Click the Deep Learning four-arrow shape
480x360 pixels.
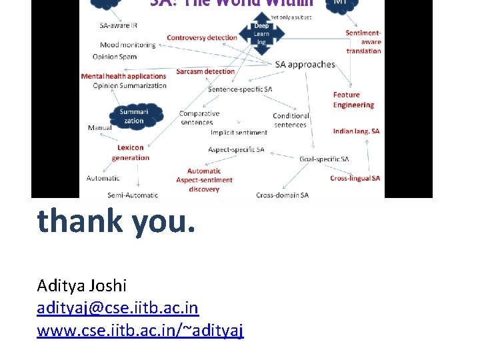(x=261, y=34)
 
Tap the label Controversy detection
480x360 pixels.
(x=202, y=38)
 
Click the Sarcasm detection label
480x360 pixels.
(x=205, y=71)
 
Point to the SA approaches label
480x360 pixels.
(x=305, y=64)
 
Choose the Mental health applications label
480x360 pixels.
(x=123, y=76)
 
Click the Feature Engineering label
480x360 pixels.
(x=353, y=100)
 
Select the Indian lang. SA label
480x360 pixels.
(x=356, y=131)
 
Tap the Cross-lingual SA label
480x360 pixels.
(x=355, y=178)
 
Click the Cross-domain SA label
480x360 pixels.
(x=282, y=195)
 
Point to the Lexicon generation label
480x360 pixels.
(x=131, y=153)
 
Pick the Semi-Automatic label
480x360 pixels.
(x=133, y=195)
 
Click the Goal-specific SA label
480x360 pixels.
(x=324, y=159)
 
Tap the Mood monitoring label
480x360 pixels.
(x=127, y=45)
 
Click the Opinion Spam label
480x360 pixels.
(x=115, y=57)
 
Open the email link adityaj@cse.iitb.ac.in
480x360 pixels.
(x=118, y=308)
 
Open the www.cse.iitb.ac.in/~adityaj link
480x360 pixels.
(x=140, y=330)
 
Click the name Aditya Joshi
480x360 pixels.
(x=81, y=285)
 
